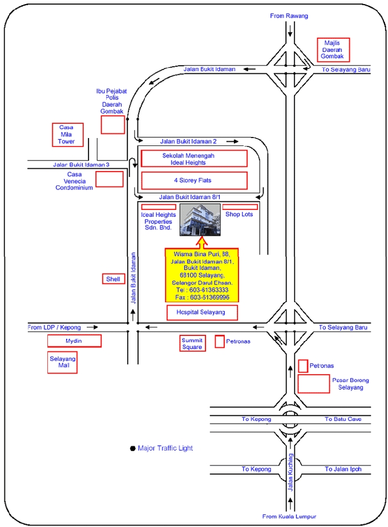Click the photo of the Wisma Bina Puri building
click(x=200, y=220)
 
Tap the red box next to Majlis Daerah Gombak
click(x=334, y=49)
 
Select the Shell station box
click(x=113, y=279)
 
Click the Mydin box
click(x=74, y=341)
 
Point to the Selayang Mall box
click(x=62, y=362)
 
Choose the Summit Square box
click(x=192, y=343)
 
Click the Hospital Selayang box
click(x=202, y=313)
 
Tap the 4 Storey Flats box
click(x=194, y=180)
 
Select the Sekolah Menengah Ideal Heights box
click(x=194, y=159)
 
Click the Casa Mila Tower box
click(x=67, y=134)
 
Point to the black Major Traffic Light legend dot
click(x=132, y=448)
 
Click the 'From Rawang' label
click(x=289, y=16)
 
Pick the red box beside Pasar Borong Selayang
click(x=313, y=384)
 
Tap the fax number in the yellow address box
click(x=202, y=297)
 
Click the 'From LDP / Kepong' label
click(x=54, y=327)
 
